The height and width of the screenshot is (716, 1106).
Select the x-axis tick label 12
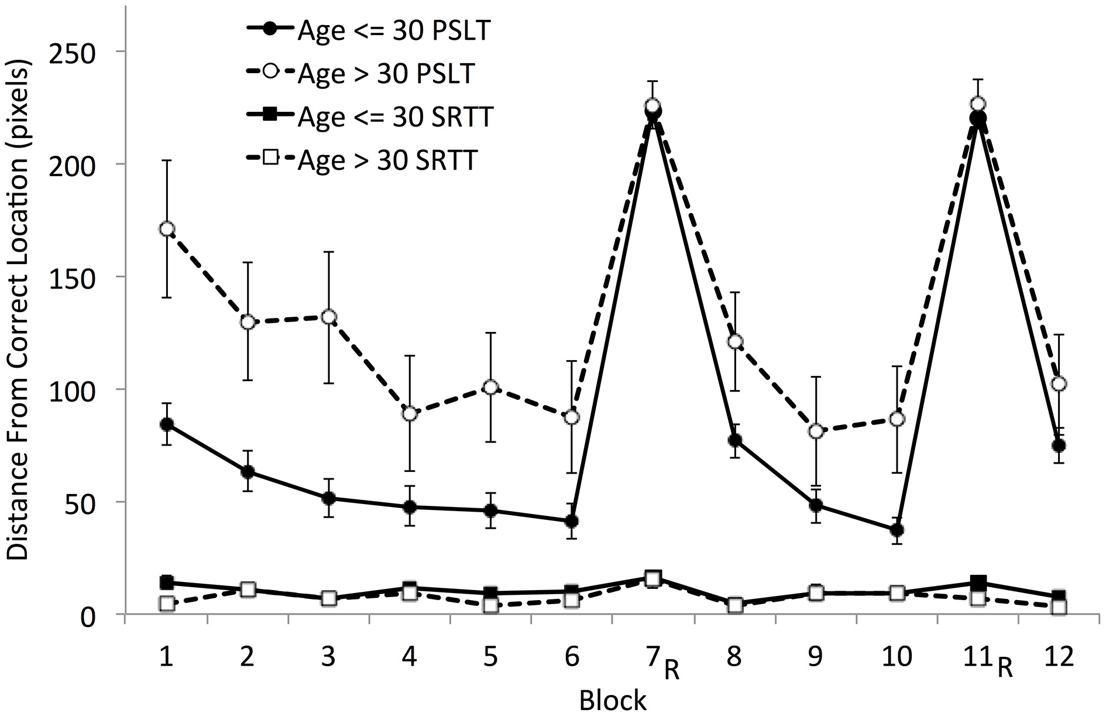click(1059, 656)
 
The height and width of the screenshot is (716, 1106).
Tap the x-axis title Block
click(613, 700)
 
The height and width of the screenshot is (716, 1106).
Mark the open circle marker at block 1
click(167, 229)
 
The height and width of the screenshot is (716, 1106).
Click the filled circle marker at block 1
click(167, 424)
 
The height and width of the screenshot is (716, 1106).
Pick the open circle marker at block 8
click(735, 341)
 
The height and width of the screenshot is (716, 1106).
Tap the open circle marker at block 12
click(1059, 384)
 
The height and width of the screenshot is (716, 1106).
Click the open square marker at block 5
click(491, 605)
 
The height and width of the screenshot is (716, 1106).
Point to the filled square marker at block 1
click(167, 582)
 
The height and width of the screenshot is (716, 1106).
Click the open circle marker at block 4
click(410, 414)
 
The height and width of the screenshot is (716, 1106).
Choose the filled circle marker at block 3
click(329, 499)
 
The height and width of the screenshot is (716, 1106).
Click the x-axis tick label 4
click(410, 656)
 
